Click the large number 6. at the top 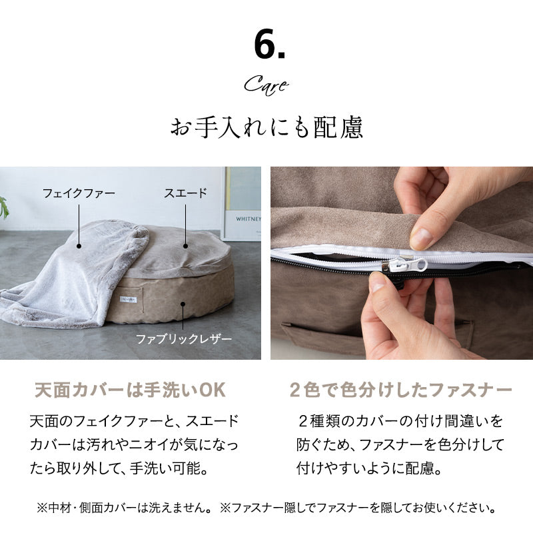269,45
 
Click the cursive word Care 266,85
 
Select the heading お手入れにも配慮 266,127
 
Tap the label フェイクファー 79,193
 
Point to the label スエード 185,193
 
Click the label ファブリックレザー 184,339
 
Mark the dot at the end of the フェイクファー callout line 79,246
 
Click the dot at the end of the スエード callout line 186,246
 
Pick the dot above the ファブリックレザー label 183,304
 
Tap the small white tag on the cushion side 128,299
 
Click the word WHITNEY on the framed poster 249,219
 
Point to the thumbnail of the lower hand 378,282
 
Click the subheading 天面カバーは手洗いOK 130,390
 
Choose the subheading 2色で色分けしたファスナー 401,390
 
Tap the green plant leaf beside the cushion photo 4,207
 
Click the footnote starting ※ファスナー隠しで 358,508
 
